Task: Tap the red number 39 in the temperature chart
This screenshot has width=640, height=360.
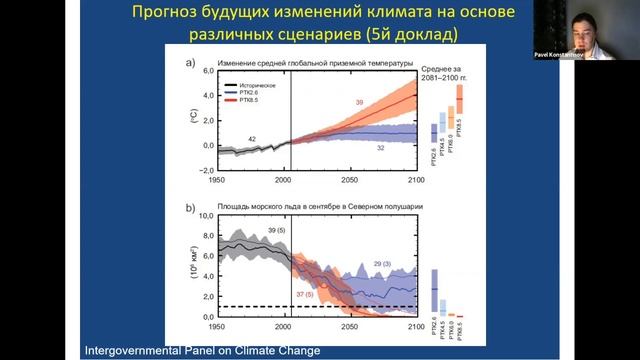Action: [359, 103]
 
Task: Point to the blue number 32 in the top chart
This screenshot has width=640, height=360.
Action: [380, 148]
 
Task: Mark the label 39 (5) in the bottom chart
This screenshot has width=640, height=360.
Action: [279, 231]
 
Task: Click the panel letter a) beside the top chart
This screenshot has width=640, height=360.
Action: [190, 64]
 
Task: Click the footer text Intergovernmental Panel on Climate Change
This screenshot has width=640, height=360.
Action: [202, 350]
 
